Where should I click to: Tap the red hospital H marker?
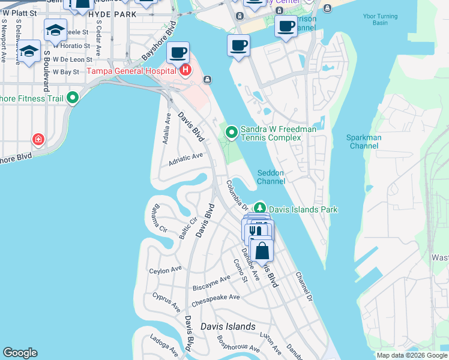pos(185,71)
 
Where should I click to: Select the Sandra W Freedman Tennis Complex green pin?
pos(231,130)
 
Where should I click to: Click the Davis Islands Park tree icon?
pos(260,209)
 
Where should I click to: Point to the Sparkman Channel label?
pos(364,142)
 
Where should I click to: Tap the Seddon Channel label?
pos(271,177)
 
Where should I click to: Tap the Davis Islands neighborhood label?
pos(228,327)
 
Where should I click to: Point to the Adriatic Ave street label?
pos(185,158)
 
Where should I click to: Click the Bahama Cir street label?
pos(159,218)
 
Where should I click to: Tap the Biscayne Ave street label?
pos(211,283)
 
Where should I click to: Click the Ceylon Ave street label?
pos(166,270)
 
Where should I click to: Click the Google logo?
pos(20,353)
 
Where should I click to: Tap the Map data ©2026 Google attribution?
pos(412,355)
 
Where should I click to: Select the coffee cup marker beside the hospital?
pos(178,53)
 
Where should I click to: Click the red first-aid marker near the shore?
pos(39,140)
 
